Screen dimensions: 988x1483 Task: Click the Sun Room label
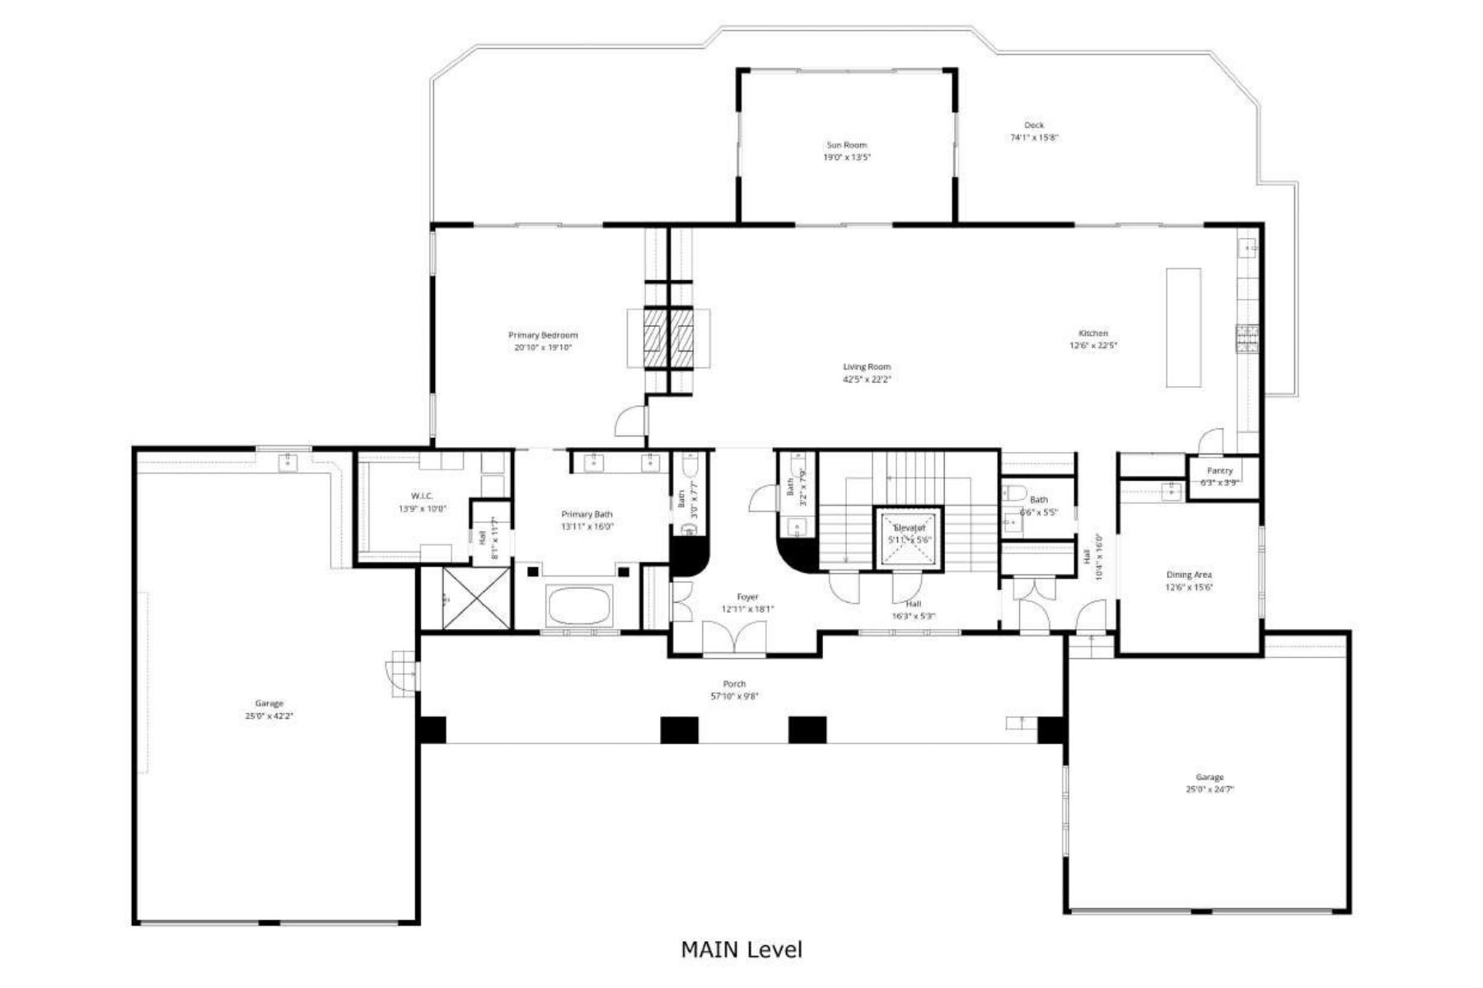click(x=846, y=145)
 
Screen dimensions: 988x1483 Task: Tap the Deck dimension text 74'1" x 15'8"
click(x=1034, y=138)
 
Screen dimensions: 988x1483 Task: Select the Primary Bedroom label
click(x=542, y=335)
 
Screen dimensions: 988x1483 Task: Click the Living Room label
click(x=866, y=367)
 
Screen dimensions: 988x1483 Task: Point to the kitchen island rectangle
click(x=1182, y=327)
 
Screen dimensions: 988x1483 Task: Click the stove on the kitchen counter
click(x=1247, y=338)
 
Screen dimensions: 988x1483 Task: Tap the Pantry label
click(x=1219, y=471)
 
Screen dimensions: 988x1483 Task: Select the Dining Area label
click(x=1188, y=575)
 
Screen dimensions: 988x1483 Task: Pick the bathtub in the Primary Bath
click(x=580, y=606)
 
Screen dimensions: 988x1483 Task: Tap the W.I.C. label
click(x=422, y=496)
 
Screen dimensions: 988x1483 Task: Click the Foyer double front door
click(x=734, y=638)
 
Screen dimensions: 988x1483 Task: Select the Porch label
click(x=734, y=684)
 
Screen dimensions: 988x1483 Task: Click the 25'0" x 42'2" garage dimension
click(x=269, y=716)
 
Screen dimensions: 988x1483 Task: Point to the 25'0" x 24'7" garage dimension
click(x=1209, y=790)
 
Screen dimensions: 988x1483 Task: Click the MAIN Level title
click(x=741, y=949)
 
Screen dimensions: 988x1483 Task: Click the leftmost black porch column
click(x=432, y=729)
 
